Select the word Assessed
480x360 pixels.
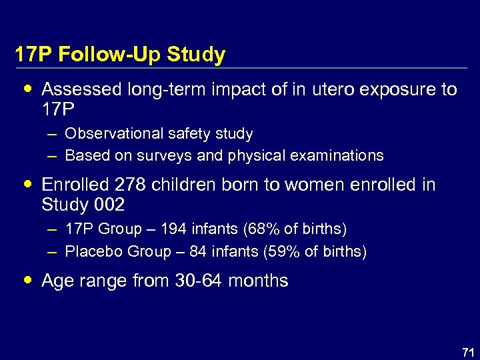pos(80,89)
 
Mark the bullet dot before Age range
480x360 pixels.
pos(27,279)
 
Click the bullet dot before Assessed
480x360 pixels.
pos(27,88)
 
